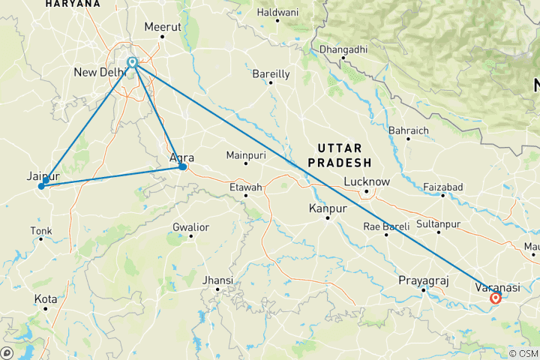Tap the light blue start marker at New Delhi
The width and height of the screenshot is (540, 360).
(132, 63)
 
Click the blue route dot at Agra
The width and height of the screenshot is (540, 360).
(182, 166)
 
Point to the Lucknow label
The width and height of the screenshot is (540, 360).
(366, 181)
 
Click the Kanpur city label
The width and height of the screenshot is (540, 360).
(327, 208)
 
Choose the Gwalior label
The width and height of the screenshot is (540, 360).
(190, 226)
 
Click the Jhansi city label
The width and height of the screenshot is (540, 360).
(218, 280)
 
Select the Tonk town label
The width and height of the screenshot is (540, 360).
(41, 230)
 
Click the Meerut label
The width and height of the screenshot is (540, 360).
(163, 26)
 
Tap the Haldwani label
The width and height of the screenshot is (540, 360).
(277, 13)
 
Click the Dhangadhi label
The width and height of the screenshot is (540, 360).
(343, 49)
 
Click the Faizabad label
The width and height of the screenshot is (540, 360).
(442, 186)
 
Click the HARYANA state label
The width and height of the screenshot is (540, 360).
(73, 4)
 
